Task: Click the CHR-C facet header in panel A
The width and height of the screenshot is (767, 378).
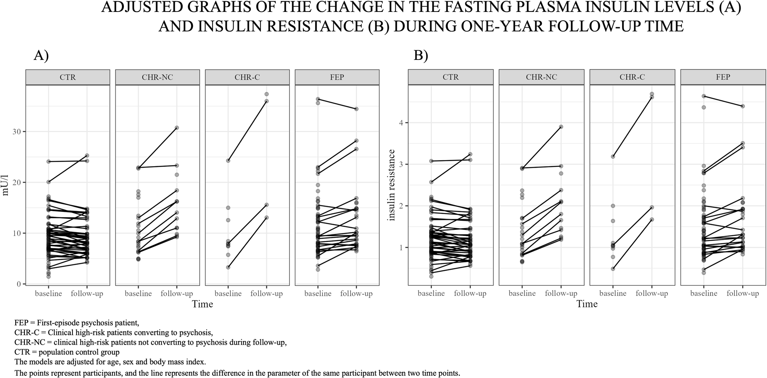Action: point(247,77)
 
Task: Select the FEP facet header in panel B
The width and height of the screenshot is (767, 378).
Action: point(723,77)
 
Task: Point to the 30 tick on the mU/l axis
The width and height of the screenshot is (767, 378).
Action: point(18,132)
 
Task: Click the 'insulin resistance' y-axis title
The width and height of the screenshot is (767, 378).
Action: point(392,185)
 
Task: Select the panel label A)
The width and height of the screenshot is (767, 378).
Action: point(41,56)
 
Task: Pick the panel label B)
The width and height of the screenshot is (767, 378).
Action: point(421,56)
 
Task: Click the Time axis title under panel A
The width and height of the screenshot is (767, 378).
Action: point(202,304)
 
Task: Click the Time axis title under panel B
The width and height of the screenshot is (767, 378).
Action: point(587,304)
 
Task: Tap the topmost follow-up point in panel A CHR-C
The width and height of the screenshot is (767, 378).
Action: point(267,94)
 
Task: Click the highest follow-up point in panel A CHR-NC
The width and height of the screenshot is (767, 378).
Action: point(177,128)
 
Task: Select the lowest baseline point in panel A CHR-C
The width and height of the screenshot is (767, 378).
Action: point(228,267)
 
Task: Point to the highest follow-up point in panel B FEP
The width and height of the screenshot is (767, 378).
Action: point(742,106)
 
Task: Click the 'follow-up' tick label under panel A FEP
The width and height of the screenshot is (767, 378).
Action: point(356,294)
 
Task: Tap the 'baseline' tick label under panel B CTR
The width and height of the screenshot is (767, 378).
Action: point(431,294)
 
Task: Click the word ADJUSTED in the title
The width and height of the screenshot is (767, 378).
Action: point(138,8)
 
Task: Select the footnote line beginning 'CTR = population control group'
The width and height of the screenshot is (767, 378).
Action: point(67,352)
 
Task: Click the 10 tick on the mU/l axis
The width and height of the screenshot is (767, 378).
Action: point(18,233)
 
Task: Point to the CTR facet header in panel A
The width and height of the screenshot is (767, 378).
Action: point(67,77)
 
